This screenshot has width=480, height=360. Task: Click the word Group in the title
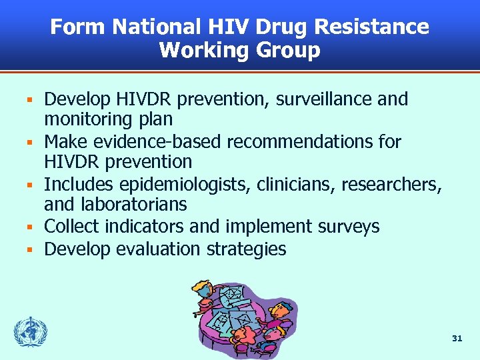(x=287, y=51)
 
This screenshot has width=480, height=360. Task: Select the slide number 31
(x=456, y=339)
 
